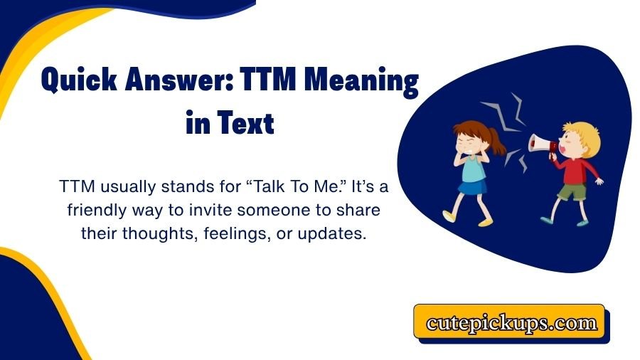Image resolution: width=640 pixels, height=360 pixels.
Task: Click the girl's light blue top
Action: [x=472, y=169]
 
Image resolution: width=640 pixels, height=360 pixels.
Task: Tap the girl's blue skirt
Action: [x=471, y=188]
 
